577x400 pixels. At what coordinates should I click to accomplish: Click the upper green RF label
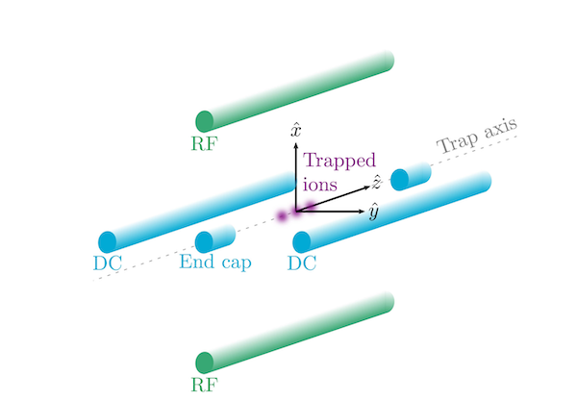(x=204, y=144)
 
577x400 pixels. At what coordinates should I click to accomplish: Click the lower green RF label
(x=204, y=385)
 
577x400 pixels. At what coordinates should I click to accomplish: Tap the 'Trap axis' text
(x=478, y=137)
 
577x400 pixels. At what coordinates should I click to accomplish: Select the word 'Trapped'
(x=338, y=162)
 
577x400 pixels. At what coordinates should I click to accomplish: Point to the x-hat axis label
(x=297, y=128)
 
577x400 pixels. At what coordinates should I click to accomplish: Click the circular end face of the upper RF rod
(x=204, y=121)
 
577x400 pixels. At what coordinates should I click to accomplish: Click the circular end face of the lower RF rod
(x=204, y=362)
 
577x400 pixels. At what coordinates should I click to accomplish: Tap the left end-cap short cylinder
(x=215, y=240)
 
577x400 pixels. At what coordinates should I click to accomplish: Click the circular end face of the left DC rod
(x=108, y=241)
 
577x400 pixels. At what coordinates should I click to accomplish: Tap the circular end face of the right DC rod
(x=302, y=241)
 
